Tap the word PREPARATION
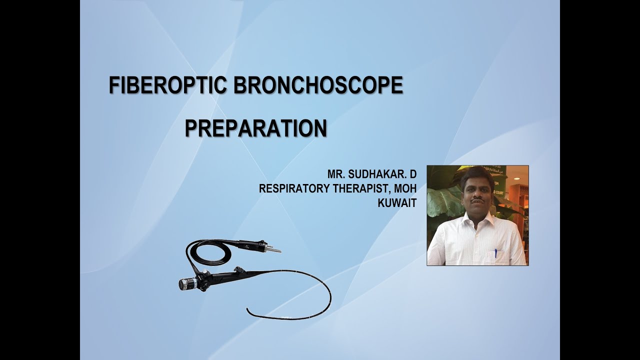pyautogui.click(x=255, y=128)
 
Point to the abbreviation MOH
pyautogui.click(x=404, y=188)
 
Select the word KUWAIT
pyautogui.click(x=397, y=202)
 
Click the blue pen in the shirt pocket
pyautogui.click(x=496, y=252)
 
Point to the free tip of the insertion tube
pyautogui.click(x=248, y=311)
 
